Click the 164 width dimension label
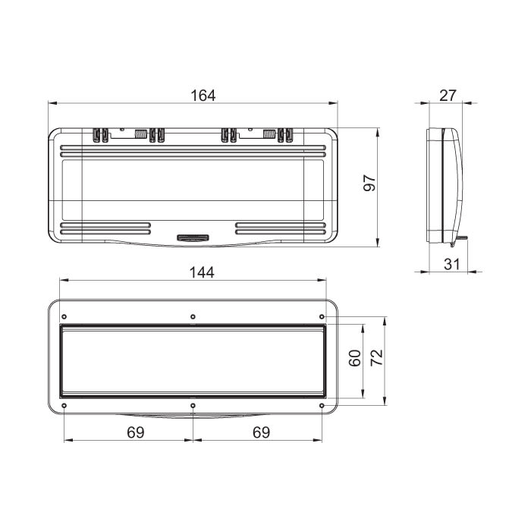tap(203, 96)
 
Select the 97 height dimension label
tap(369, 184)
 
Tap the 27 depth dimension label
tap(448, 96)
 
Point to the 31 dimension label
tap(452, 264)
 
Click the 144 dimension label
tap(202, 272)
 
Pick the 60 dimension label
tap(355, 358)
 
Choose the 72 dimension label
tap(376, 357)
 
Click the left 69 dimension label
tap(136, 432)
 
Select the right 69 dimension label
tap(262, 432)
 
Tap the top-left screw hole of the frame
tap(64, 317)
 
